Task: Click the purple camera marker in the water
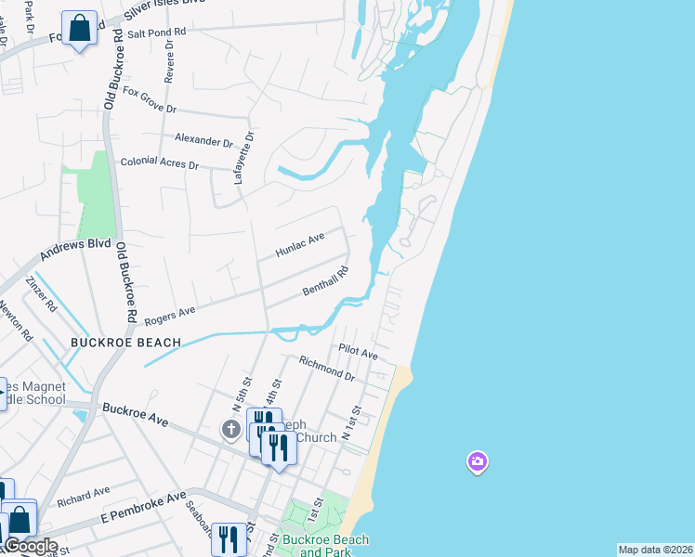coord(477,461)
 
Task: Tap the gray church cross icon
coord(231,429)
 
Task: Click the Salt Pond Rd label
coord(157,32)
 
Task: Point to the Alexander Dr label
coord(204,141)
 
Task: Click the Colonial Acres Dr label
coord(160,163)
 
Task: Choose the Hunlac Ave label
coord(300,245)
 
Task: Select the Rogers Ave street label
coord(170,315)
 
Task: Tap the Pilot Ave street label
coord(358,354)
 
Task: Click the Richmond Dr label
coord(327,369)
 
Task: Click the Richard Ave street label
coord(83,497)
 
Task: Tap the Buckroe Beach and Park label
coord(334,546)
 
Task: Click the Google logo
coord(31,546)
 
